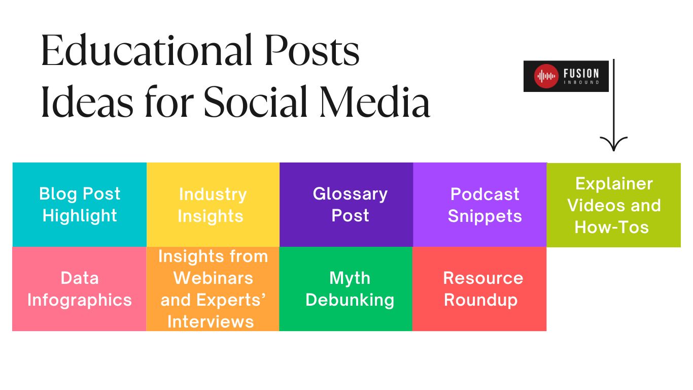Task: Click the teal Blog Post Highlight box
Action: [80, 205]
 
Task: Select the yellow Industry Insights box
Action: [213, 205]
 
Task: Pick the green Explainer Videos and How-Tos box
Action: [613, 205]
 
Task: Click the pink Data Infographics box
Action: [80, 289]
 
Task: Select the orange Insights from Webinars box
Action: [213, 289]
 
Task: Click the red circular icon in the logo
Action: [546, 77]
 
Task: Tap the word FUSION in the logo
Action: [581, 74]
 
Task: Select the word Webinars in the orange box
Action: [213, 278]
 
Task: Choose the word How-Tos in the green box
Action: [611, 227]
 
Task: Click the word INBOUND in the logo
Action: [581, 82]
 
